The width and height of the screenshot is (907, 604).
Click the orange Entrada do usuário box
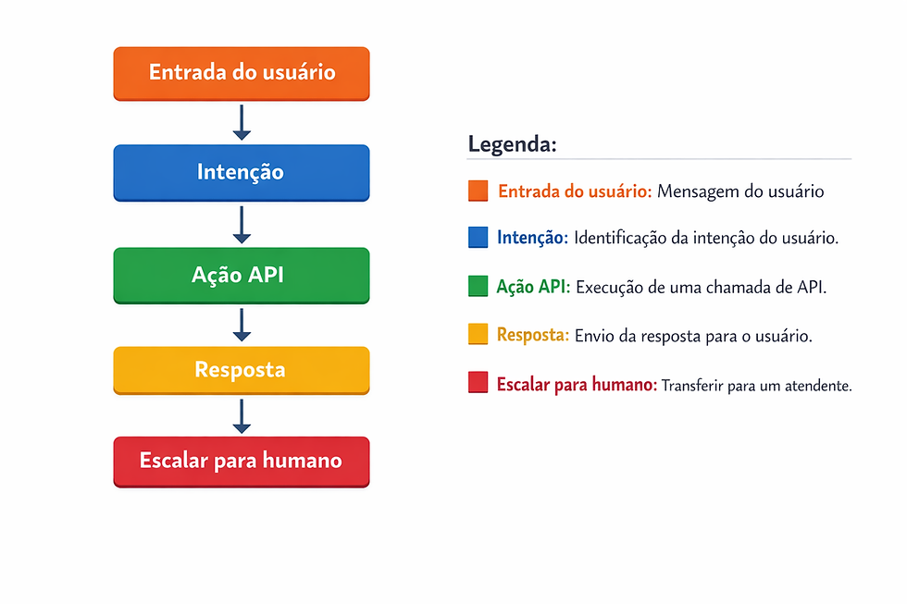point(242,73)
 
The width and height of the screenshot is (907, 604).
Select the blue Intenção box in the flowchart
point(242,172)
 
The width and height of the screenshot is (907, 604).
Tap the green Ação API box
point(242,275)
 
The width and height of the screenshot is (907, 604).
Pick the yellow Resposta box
point(242,370)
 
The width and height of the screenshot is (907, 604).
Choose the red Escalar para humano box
point(242,461)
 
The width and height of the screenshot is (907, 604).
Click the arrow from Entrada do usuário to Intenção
point(242,122)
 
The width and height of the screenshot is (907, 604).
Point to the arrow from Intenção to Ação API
point(242,224)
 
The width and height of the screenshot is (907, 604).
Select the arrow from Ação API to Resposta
point(242,325)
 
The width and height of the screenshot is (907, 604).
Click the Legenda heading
point(512,144)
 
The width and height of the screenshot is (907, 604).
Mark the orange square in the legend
point(478,191)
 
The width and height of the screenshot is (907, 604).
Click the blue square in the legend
point(478,238)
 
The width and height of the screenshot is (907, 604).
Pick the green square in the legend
point(478,287)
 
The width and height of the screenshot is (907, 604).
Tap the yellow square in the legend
point(478,335)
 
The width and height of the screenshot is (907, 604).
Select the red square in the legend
point(478,384)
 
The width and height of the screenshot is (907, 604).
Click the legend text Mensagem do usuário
point(740,191)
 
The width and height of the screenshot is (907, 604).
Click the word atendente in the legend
point(819,385)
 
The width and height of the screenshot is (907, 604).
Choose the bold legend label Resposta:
point(533,335)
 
